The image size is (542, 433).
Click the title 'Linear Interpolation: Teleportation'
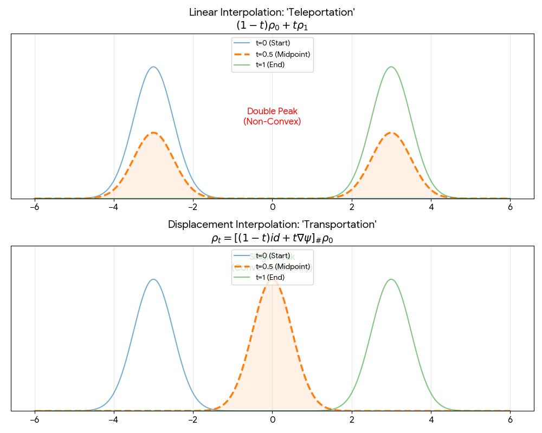click(x=272, y=12)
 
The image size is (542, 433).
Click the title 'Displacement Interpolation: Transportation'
click(x=272, y=224)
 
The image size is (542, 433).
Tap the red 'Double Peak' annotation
click(x=272, y=111)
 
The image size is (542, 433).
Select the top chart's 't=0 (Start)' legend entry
click(x=277, y=43)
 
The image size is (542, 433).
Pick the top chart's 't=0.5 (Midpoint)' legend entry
click(x=282, y=54)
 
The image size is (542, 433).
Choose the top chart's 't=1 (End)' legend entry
click(x=270, y=65)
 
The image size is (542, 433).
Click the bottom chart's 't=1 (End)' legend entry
click(x=270, y=277)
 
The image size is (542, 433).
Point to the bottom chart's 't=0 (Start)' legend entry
click(x=277, y=255)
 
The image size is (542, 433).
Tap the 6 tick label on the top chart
click(x=510, y=207)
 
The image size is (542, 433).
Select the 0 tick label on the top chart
click(x=272, y=207)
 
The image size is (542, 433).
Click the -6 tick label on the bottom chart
click(x=34, y=419)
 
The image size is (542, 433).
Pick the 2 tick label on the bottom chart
click(x=352, y=419)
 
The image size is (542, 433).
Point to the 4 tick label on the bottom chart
click(x=431, y=419)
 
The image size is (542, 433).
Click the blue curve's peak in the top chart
click(x=153, y=67)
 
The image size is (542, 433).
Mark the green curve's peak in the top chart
click(x=391, y=67)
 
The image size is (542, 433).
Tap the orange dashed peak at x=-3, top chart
click(x=153, y=133)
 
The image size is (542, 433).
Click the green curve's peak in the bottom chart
click(x=391, y=279)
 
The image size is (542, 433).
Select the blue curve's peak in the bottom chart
click(x=153, y=279)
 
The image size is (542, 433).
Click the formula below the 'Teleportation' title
click(x=272, y=25)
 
